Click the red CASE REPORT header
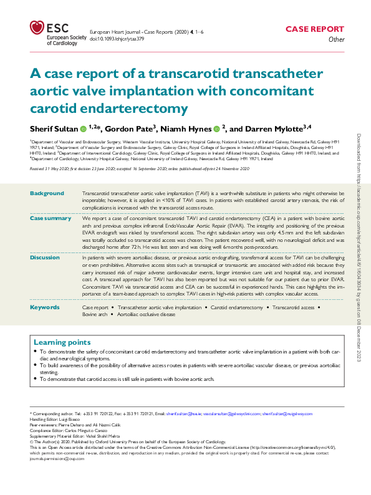(x=314, y=29)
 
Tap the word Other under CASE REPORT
(x=336, y=39)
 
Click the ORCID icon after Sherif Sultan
(x=82, y=129)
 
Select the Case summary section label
(x=51, y=218)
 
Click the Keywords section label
(x=45, y=308)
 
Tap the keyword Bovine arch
(x=95, y=315)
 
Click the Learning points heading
(x=62, y=342)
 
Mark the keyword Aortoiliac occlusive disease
(x=147, y=315)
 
